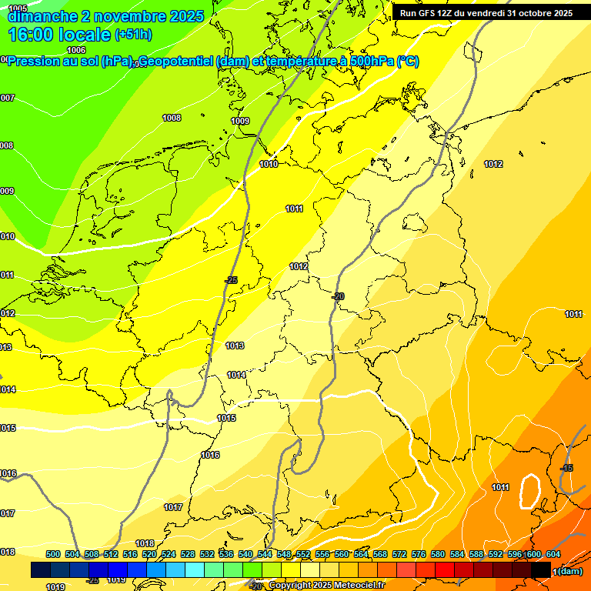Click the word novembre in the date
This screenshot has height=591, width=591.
pyautogui.click(x=121, y=16)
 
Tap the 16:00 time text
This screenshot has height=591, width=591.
pyautogui.click(x=35, y=35)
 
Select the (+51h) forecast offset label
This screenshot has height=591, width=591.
pyautogui.click(x=133, y=35)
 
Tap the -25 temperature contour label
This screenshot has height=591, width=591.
pyautogui.click(x=231, y=280)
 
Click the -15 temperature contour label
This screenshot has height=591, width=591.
pyautogui.click(x=566, y=468)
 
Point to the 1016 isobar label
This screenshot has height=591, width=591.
pyautogui.click(x=210, y=455)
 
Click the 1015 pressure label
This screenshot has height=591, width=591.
pyautogui.click(x=226, y=418)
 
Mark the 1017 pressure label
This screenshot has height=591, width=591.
pyautogui.click(x=173, y=507)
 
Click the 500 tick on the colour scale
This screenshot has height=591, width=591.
pyautogui.click(x=53, y=554)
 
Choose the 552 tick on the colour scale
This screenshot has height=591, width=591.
pyautogui.click(x=303, y=554)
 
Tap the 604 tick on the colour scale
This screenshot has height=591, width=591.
pyautogui.click(x=553, y=554)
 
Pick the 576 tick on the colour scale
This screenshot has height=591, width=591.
pyautogui.click(x=419, y=554)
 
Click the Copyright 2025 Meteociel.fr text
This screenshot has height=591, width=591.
pyautogui.click(x=327, y=586)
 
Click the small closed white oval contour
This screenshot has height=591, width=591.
pyautogui.click(x=529, y=490)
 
